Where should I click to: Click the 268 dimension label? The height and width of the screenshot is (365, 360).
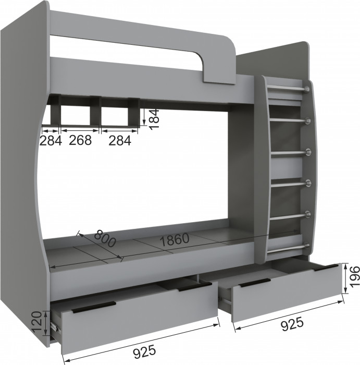(x=80, y=140)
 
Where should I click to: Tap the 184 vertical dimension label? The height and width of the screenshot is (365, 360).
(x=154, y=119)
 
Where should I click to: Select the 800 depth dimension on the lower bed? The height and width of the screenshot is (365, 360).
(x=105, y=238)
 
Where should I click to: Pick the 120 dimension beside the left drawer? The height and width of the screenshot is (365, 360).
(x=38, y=322)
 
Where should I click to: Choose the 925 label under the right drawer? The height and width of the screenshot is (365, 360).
(x=292, y=324)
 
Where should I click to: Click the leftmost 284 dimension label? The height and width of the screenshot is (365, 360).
(x=51, y=140)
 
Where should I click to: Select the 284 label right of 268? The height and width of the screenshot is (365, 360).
(x=120, y=140)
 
